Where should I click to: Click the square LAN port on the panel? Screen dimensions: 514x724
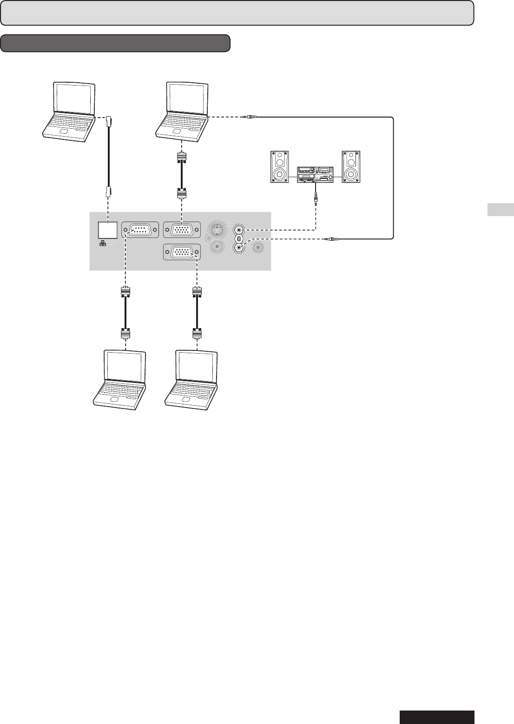pos(108,230)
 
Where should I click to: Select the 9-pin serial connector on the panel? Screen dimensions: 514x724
pos(140,230)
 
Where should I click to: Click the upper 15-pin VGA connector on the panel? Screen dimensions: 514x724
pos(182,230)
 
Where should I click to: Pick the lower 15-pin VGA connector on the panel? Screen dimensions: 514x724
pos(182,252)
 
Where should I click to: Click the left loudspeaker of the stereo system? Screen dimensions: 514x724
pos(280,166)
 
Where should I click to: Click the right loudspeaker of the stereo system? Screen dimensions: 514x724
pos(350,166)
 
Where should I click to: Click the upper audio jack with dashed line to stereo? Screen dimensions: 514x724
pos(239,229)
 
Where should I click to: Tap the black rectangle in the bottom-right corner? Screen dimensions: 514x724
pos(437,717)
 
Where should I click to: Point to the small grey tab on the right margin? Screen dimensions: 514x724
pos(501,210)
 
